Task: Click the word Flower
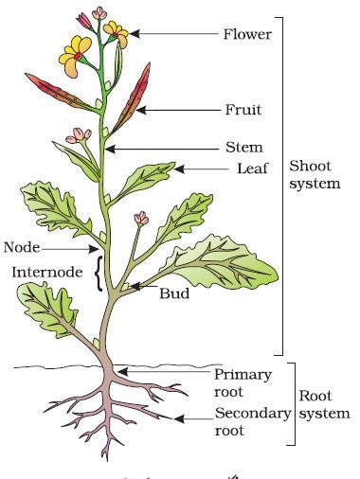pyautogui.click(x=247, y=34)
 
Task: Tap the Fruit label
pyautogui.click(x=243, y=110)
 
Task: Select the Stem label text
pyautogui.click(x=244, y=148)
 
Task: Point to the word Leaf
pyautogui.click(x=252, y=169)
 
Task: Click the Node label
pyautogui.click(x=22, y=247)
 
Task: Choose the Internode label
pyautogui.click(x=47, y=272)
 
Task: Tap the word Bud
pyautogui.click(x=174, y=293)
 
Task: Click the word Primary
pyautogui.click(x=243, y=376)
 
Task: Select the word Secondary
pyautogui.click(x=253, y=414)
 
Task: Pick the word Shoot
pyautogui.click(x=310, y=166)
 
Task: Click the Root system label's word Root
pyautogui.click(x=315, y=396)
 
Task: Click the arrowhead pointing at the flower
pyautogui.click(x=135, y=33)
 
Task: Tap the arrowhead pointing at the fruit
pyautogui.click(x=141, y=110)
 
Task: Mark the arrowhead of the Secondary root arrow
pyautogui.click(x=179, y=418)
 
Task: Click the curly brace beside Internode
pyautogui.click(x=99, y=274)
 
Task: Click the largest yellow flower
pyautogui.click(x=75, y=56)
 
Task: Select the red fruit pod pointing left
pyautogui.click(x=60, y=93)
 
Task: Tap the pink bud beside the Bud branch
pyautogui.click(x=141, y=219)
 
